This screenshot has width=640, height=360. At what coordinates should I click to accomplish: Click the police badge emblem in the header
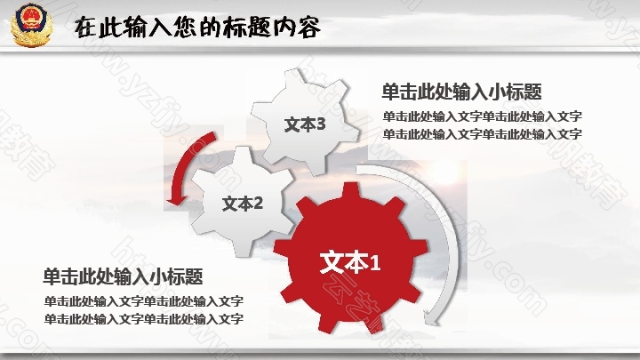click(x=31, y=25)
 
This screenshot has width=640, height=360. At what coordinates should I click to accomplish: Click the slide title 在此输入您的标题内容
click(x=197, y=28)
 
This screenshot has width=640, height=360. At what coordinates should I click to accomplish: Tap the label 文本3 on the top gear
click(x=305, y=124)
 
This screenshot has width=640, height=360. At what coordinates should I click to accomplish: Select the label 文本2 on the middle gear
click(x=243, y=204)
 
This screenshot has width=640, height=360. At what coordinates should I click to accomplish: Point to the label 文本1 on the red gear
click(x=350, y=261)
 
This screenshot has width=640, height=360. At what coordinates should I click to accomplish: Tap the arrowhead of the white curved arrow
click(x=431, y=318)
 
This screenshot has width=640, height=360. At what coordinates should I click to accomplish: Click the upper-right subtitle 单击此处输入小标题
click(x=461, y=92)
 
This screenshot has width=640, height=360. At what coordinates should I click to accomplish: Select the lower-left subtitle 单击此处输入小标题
click(x=123, y=276)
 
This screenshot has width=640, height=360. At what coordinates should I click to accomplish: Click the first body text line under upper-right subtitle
click(x=482, y=116)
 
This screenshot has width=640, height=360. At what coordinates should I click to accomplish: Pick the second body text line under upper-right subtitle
click(x=482, y=134)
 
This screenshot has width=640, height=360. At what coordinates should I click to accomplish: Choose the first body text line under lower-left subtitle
click(x=144, y=301)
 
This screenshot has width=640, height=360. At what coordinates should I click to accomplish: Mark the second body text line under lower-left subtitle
click(x=144, y=319)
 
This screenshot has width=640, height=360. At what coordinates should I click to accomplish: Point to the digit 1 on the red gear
click(x=375, y=262)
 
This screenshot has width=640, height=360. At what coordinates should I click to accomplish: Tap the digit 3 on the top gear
click(x=321, y=124)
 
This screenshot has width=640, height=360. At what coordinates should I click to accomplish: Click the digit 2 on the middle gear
click(x=258, y=203)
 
